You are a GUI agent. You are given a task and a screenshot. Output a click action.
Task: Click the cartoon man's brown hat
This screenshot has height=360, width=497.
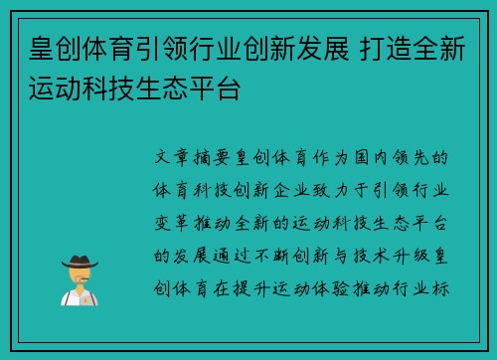pyautogui.click(x=79, y=263)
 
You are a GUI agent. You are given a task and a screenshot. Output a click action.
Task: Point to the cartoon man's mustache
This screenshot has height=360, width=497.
pyautogui.click(x=79, y=281)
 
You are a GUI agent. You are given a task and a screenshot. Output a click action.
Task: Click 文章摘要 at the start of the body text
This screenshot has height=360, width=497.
pyautogui.click(x=190, y=158)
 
